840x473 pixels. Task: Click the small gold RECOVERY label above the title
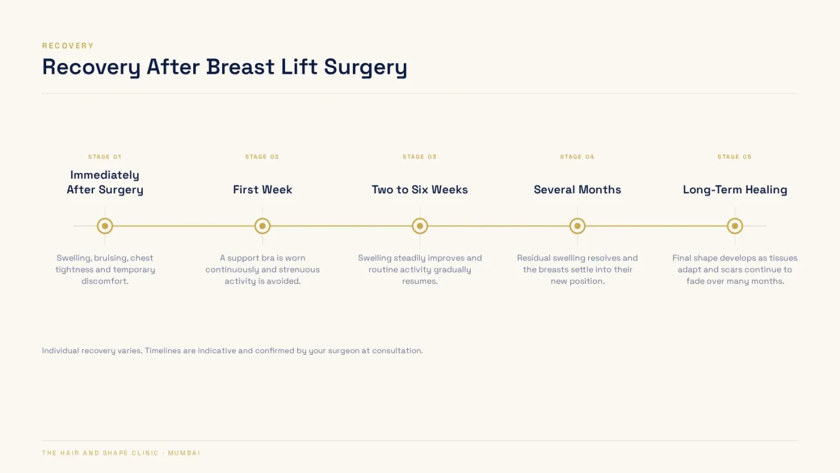(68, 46)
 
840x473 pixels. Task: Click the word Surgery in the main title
(365, 67)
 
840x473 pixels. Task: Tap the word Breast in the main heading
(241, 67)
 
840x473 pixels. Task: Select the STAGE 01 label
(104, 157)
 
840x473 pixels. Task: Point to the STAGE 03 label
(419, 157)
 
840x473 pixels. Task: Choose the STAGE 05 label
(734, 157)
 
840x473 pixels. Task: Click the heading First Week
(263, 190)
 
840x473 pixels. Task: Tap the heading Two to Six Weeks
(419, 190)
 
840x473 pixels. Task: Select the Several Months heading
(577, 190)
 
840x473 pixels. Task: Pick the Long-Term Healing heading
(734, 190)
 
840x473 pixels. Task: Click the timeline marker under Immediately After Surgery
(105, 226)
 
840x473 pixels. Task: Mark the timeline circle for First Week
(263, 226)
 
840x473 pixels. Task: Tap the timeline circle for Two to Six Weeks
(420, 226)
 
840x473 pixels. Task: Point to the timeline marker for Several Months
(577, 226)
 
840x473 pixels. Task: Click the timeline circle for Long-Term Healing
(735, 226)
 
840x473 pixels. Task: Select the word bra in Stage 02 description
(268, 258)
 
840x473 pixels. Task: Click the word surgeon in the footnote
(343, 351)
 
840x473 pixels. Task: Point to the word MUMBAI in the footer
(184, 453)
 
